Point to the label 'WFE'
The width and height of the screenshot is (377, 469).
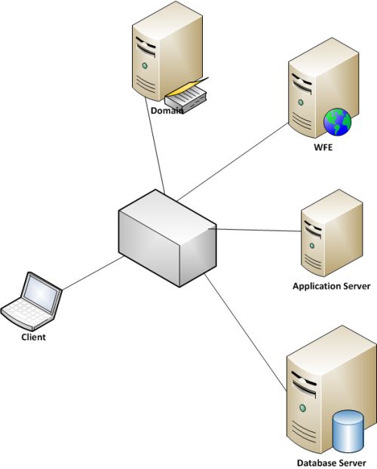click(x=323, y=147)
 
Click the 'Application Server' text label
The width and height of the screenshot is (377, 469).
click(x=331, y=287)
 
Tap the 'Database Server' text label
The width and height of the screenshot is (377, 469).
click(x=331, y=461)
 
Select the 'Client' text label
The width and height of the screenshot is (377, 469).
click(x=33, y=337)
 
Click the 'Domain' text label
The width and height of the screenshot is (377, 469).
click(x=166, y=111)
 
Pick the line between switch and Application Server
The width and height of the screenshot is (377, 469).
click(x=256, y=231)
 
